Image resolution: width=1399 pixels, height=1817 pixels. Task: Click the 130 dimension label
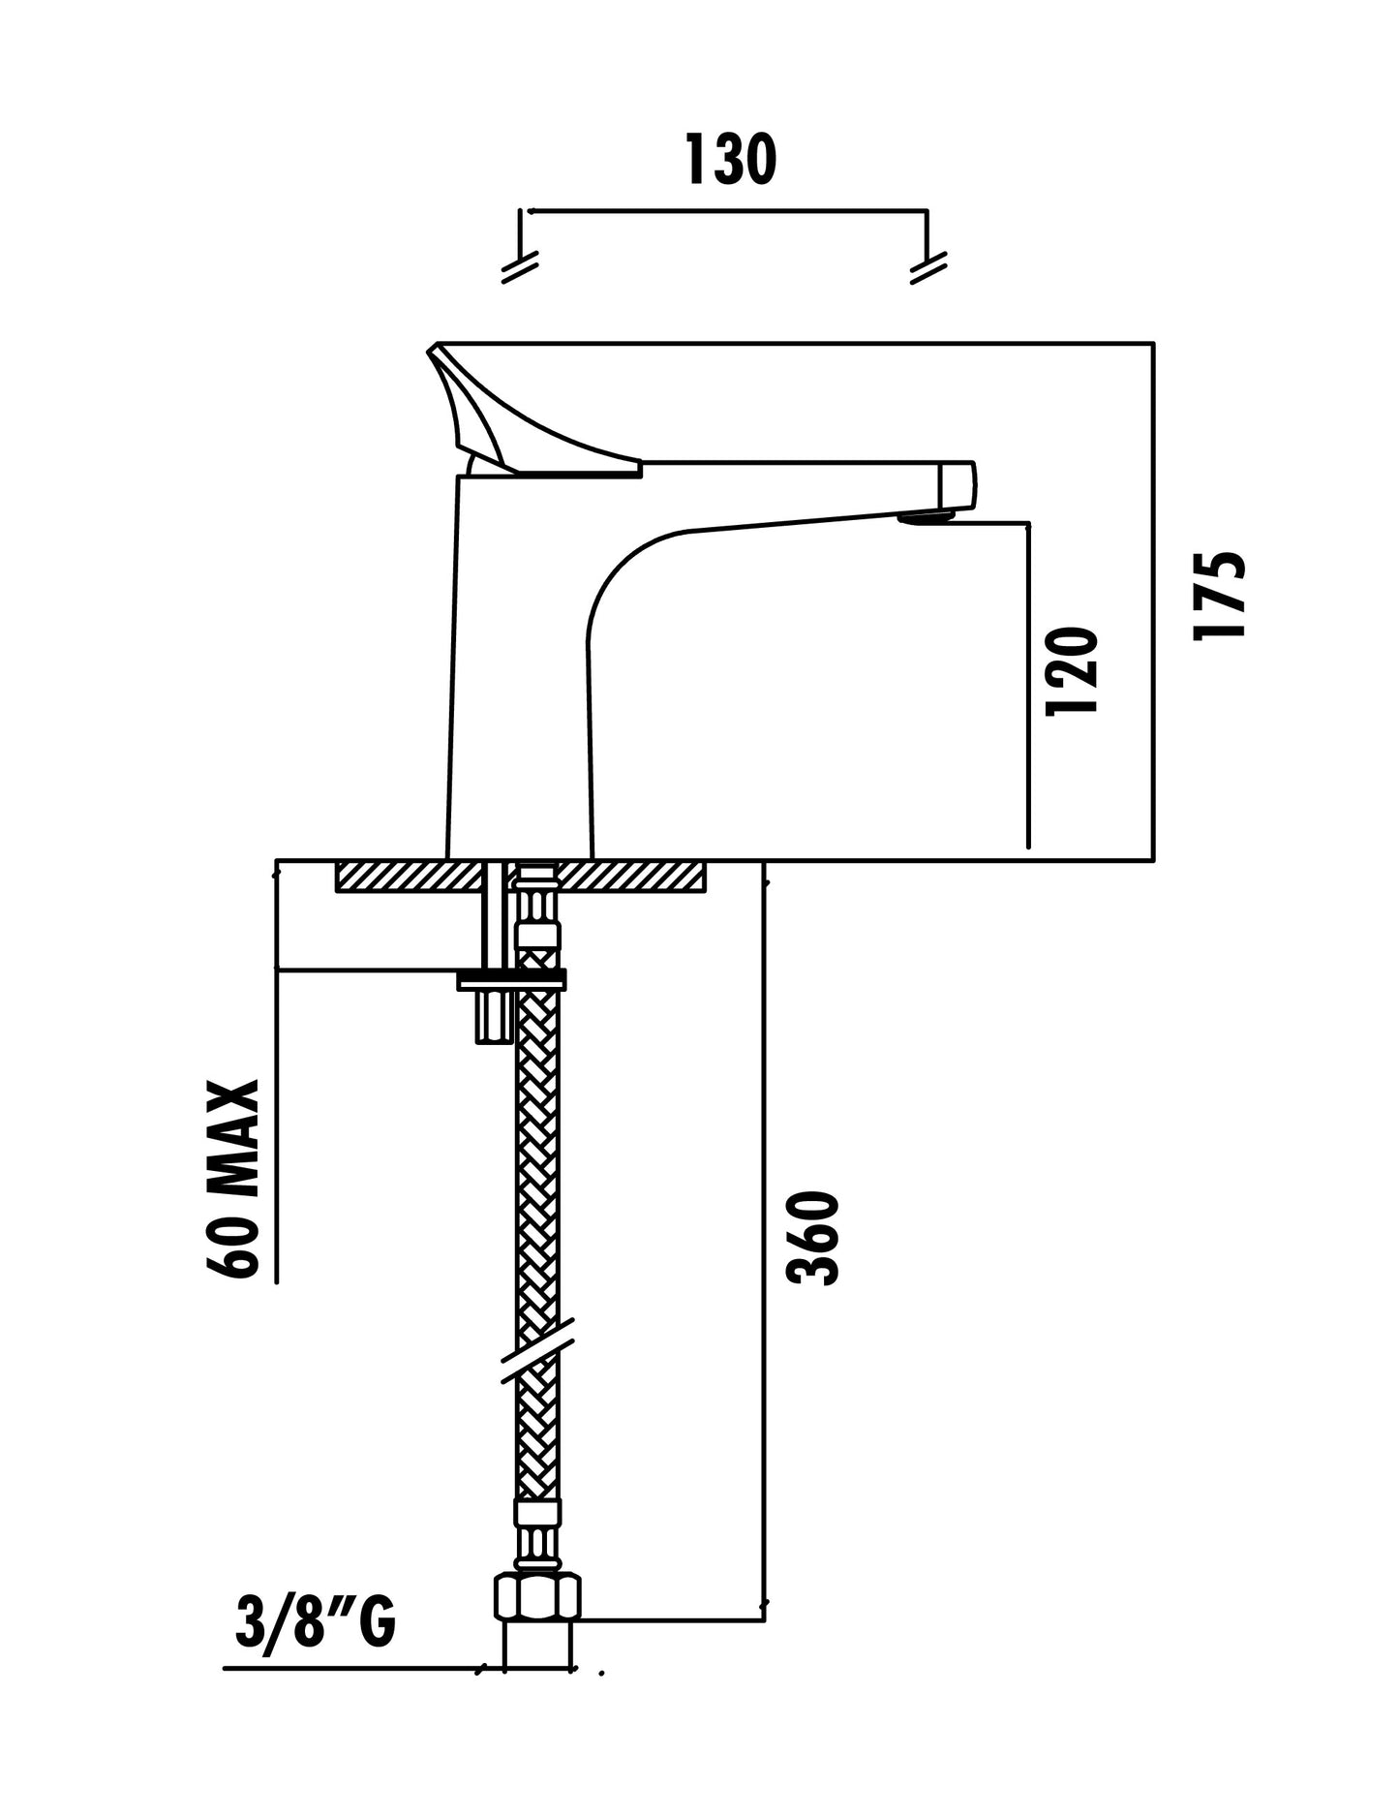pos(730,160)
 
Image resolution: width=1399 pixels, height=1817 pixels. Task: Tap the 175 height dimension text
pos(1219,595)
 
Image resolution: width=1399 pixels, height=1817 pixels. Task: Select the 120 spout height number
pos(1073,670)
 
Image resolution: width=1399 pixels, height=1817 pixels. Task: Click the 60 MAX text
pos(233,1179)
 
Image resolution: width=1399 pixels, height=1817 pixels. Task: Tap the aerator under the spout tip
pos(925,518)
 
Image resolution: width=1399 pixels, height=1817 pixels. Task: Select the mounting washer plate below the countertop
pos(511,979)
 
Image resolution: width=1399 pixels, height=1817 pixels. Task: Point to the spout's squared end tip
pos(958,484)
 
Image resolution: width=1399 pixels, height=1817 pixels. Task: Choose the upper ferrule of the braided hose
pos(538,936)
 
